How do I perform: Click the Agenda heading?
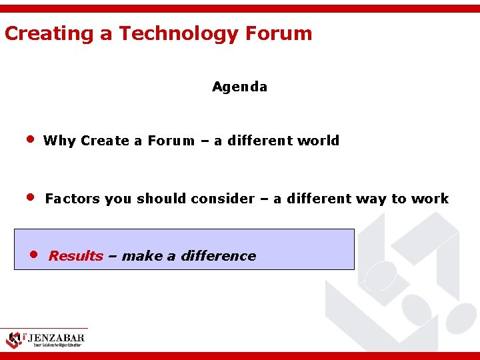point(239,87)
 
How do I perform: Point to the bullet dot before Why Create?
point(29,140)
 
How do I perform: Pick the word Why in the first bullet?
point(59,141)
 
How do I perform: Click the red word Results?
point(75,256)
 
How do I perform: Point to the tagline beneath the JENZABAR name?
point(57,345)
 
